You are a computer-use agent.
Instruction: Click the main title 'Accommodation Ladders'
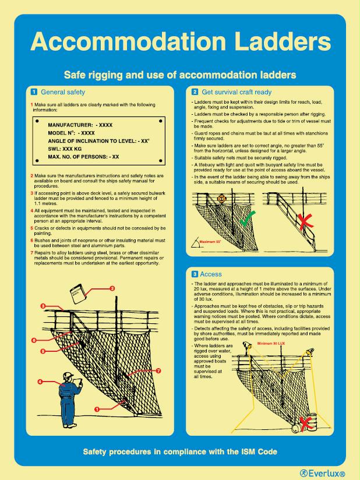coord(180,42)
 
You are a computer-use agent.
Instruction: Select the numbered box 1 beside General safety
coord(34,92)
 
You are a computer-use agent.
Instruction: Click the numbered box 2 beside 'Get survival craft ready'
coord(194,92)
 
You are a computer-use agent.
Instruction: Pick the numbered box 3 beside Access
coord(194,273)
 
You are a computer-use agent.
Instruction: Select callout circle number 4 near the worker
coord(40,382)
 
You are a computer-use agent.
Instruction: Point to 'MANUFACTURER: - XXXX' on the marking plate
coord(80,125)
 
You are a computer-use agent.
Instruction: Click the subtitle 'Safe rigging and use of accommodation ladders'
coord(180,75)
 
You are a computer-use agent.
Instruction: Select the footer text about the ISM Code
coord(180,451)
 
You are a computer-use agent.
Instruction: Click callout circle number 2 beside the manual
coord(112,288)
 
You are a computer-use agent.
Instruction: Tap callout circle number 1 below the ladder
coord(97,416)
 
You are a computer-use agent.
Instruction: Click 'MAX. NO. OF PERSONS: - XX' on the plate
coord(83,157)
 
